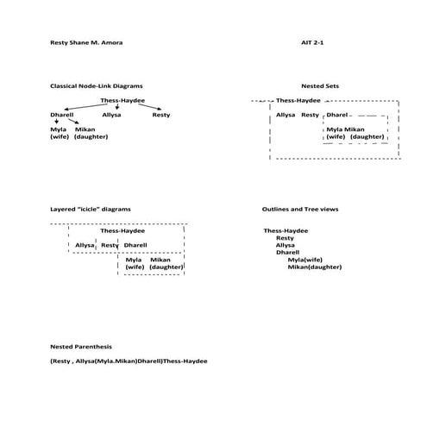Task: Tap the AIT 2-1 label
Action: point(312,42)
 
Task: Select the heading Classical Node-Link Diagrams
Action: point(97,86)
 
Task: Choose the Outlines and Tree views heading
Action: point(307,210)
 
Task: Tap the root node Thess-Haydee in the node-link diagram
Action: point(122,101)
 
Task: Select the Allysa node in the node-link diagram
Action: point(111,114)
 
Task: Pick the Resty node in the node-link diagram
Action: point(160,114)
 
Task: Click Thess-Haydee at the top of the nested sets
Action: point(298,101)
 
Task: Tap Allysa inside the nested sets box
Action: point(286,115)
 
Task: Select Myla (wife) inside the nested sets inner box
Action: point(336,133)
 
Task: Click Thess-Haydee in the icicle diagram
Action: point(122,231)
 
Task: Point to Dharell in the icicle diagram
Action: point(135,245)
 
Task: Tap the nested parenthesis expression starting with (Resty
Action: point(129,361)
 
